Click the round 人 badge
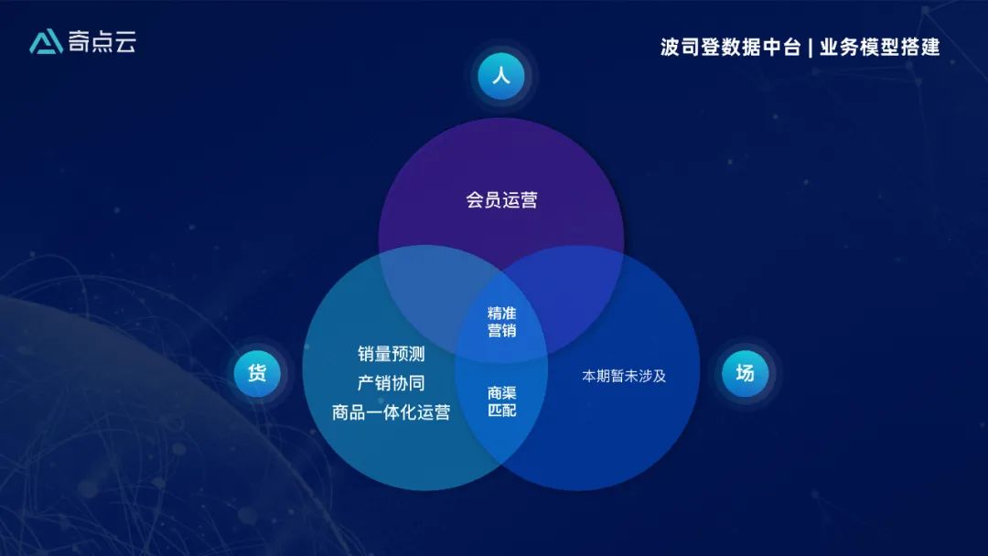(500, 77)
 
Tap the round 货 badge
(257, 373)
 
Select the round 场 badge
(745, 373)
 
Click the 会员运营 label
(501, 200)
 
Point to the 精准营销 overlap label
(501, 322)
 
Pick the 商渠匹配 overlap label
(501, 401)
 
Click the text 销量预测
(392, 354)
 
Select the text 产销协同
(392, 383)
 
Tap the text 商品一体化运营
(392, 412)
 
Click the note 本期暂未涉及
(624, 376)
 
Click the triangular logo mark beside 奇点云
(46, 42)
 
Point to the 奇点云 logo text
(102, 42)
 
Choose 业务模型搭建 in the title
(879, 48)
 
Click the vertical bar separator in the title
(810, 48)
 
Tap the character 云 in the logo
(125, 42)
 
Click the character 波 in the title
(670, 48)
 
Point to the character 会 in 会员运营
(475, 200)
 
